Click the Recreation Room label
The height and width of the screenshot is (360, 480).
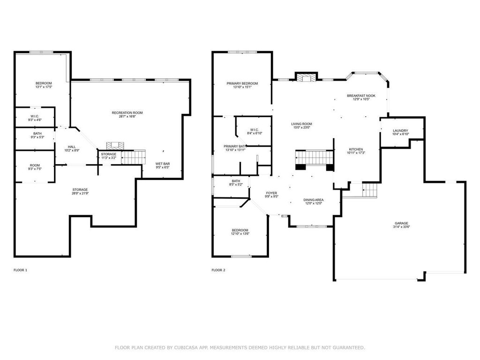tap(127, 112)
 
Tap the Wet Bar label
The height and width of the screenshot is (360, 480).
tap(163, 164)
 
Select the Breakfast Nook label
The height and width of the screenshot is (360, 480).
tap(361, 96)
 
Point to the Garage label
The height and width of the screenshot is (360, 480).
tap(401, 223)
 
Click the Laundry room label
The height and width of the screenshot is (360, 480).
tap(400, 130)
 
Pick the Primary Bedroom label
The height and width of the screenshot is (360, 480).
tap(242, 83)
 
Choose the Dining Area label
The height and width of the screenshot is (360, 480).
tap(314, 200)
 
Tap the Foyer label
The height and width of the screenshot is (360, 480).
tap(271, 193)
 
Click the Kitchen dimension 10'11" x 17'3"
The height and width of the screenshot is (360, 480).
tap(356, 153)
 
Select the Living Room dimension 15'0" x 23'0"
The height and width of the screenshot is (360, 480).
tap(301, 127)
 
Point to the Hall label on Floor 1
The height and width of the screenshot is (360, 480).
tap(72, 147)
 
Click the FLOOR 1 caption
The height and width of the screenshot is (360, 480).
tap(21, 270)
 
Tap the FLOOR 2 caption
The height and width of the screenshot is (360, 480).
tap(218, 270)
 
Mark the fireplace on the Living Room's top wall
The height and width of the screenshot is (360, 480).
tap(306, 77)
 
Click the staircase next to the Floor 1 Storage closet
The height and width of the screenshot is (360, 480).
tap(134, 157)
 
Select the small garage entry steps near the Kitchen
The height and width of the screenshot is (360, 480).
tap(369, 190)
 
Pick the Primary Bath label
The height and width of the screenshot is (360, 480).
tap(235, 146)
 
